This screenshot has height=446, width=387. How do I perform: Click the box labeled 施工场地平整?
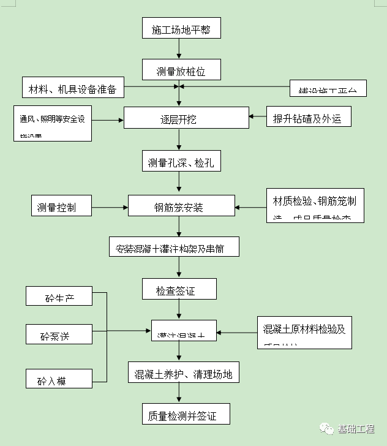pyautogui.click(x=181, y=29)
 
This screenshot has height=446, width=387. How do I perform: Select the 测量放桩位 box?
pyautogui.click(x=180, y=71)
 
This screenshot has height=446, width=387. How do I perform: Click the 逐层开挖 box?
pyautogui.click(x=186, y=118)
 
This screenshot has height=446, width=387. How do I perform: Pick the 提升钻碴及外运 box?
pyautogui.click(x=308, y=117)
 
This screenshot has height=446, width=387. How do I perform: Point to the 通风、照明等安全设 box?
pyautogui.click(x=53, y=123)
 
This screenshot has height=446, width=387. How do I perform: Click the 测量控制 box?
pyautogui.click(x=61, y=206)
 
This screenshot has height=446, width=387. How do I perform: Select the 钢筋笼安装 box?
pyautogui.click(x=181, y=206)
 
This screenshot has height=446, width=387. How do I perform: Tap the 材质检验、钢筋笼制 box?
pyautogui.click(x=315, y=205)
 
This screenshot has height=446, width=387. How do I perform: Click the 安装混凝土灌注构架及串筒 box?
pyautogui.click(x=175, y=248)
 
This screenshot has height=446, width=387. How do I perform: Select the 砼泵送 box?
pyautogui.click(x=59, y=334)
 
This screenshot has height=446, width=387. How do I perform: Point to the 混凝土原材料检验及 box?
pyautogui.click(x=304, y=331)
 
